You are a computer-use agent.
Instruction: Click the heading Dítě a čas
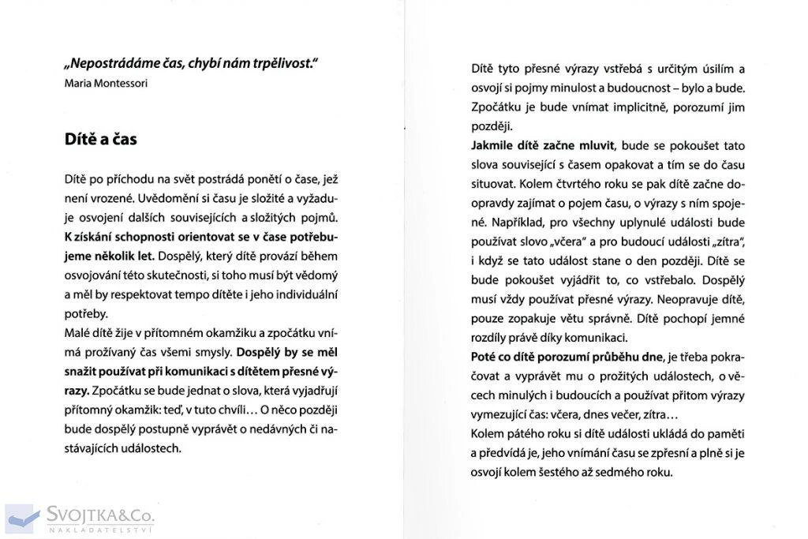coord(100,139)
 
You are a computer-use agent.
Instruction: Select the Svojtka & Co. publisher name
coord(99,515)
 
